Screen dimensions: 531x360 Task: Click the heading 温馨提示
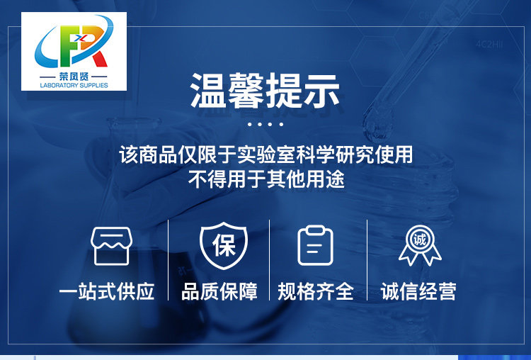265,91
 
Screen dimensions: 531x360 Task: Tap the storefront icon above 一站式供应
111,246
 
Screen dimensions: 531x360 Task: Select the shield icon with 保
224,245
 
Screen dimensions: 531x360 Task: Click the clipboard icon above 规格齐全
315,245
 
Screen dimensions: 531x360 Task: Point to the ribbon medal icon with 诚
420,245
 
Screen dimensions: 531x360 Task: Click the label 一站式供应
107,291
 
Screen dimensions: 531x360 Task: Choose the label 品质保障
219,291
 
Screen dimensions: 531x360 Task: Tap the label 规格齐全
316,291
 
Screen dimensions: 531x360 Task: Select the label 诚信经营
418,291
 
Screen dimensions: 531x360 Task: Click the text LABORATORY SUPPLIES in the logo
74,85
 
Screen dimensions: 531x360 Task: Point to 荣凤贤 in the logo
74,77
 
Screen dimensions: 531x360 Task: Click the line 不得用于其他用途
266,179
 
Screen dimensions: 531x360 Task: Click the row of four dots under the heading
265,124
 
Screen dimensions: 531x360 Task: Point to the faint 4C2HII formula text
489,44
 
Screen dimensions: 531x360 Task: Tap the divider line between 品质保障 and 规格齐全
269,259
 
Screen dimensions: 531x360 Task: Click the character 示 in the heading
321,91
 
